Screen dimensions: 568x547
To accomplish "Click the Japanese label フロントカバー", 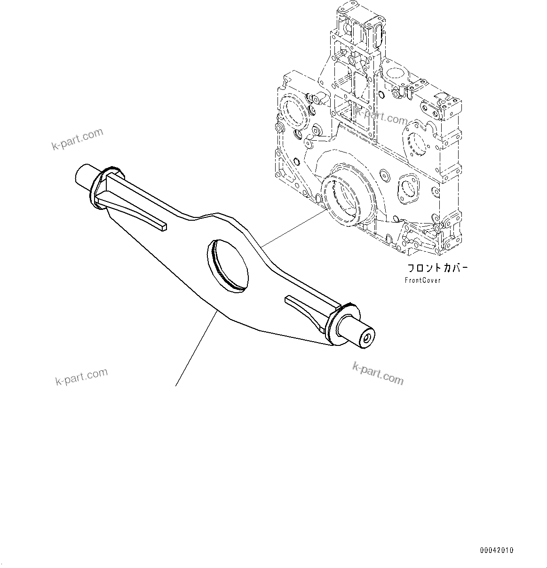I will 437,269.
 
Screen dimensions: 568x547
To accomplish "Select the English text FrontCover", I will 423,280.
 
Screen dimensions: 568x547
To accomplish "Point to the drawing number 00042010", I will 497,550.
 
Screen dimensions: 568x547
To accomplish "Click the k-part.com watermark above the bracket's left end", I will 77,139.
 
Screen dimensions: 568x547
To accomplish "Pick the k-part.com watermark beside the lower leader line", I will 81,376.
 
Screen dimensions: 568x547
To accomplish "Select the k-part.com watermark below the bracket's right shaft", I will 378,373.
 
